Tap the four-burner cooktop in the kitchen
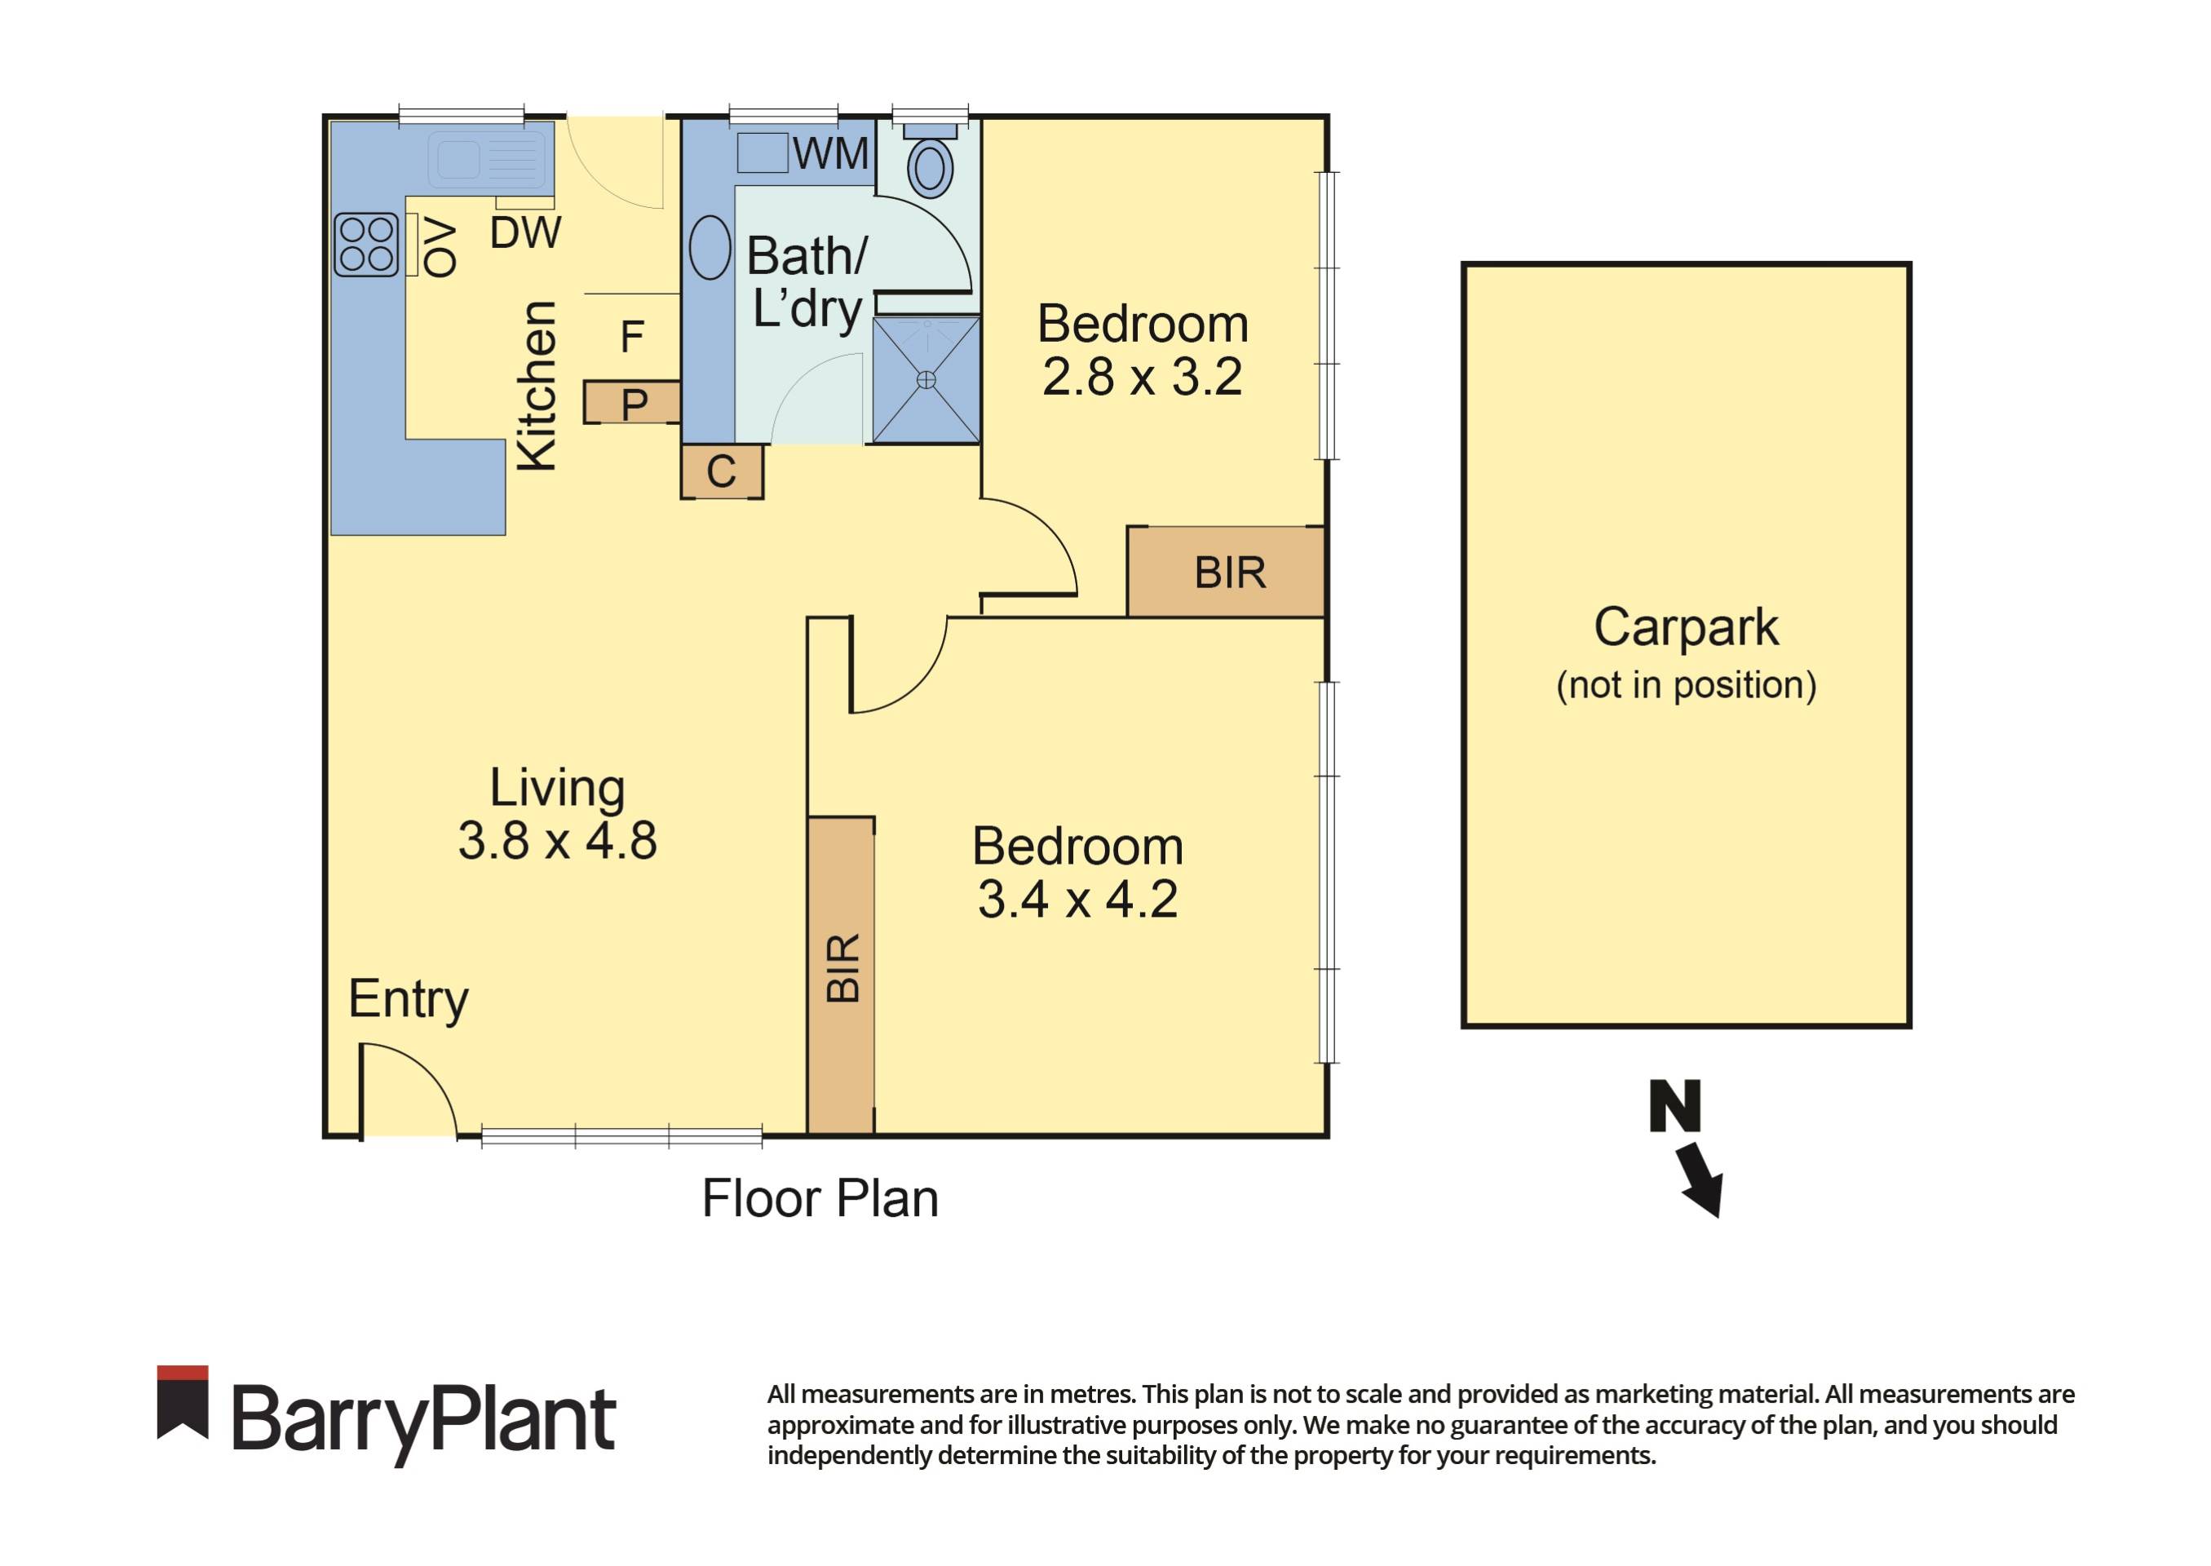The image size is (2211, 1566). pos(366,245)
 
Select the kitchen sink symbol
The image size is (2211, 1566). pos(489,158)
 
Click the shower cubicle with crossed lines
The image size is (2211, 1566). pos(926,380)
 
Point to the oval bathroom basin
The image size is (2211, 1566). pos(710,248)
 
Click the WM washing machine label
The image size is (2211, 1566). pos(830,153)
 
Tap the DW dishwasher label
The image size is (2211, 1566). pos(524,232)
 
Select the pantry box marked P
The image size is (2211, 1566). pos(633,403)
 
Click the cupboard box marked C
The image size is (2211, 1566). pos(721,471)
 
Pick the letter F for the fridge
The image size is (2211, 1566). pos(631,337)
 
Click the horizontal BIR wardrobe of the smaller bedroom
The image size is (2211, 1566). pos(1227,573)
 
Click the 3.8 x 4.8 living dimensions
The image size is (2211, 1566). pos(557,841)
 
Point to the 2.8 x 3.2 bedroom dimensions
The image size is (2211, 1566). pos(1142,377)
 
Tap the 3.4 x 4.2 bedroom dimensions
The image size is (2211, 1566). pos(1077,900)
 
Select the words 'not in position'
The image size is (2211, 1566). pos(1686,684)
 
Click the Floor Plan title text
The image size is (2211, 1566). pos(820,1199)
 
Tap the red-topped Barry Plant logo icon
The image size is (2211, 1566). pos(182,1402)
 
